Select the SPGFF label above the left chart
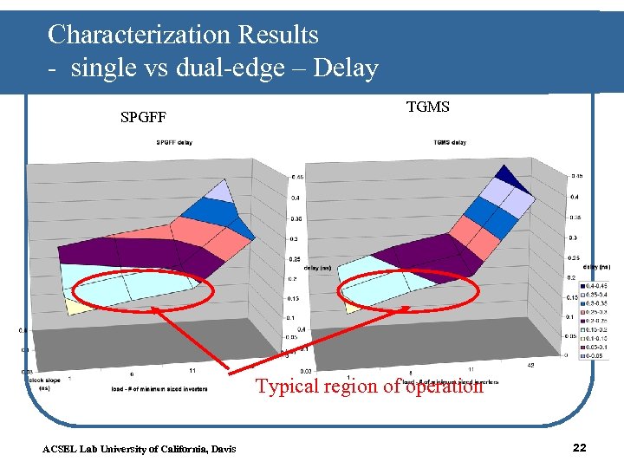coord(143,116)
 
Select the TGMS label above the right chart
coord(427,107)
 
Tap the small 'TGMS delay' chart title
coord(450,142)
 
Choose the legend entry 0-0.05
coord(595,355)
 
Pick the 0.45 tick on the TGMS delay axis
coord(576,176)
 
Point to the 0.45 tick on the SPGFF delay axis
coord(297,177)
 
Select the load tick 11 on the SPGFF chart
coord(192,370)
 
